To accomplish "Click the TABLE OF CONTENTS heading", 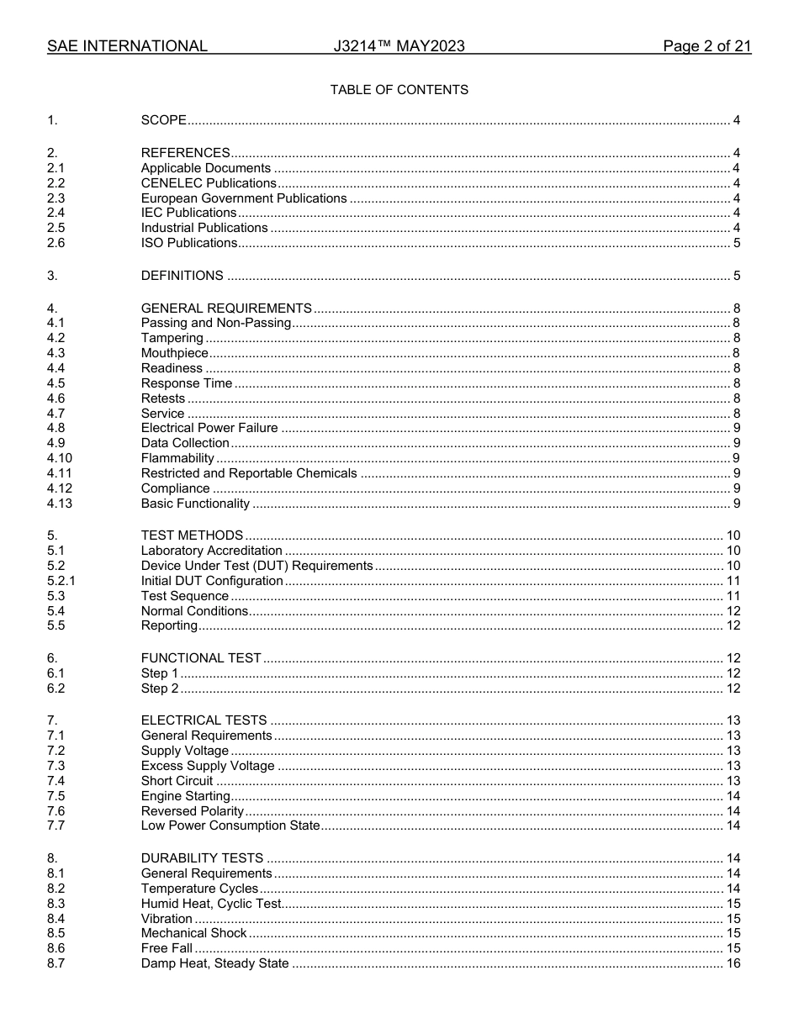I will point(399,90).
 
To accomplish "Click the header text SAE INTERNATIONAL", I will point(127,47).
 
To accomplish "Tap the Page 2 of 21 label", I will point(706,47).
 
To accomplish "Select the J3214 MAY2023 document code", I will point(399,47).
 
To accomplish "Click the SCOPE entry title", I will point(164,120).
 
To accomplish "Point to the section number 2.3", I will point(56,198).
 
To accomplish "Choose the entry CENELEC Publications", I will point(209,183).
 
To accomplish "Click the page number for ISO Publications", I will point(737,243).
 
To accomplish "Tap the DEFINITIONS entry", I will point(183,276).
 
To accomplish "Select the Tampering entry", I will point(172,338).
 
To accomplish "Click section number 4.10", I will point(60,458).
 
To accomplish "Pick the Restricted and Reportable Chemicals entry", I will point(249,473).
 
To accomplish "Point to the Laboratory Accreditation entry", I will point(212,551).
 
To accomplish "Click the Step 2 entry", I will point(160,688).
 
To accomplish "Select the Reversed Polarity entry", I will point(193,811).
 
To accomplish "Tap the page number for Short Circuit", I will point(733,781).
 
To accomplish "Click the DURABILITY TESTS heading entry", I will point(202,858).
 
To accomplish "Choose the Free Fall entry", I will point(167,948).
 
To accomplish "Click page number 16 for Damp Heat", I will point(733,963).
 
